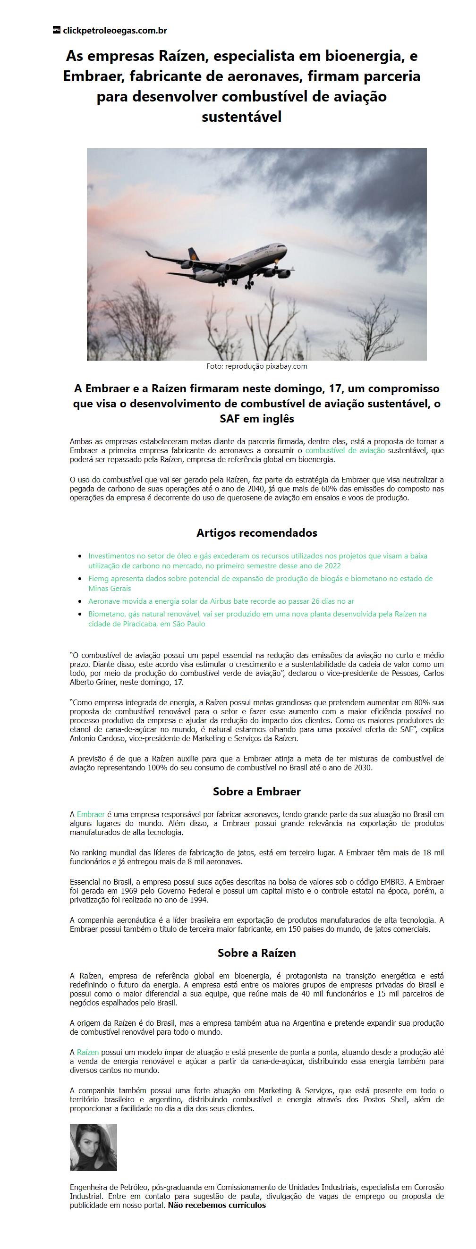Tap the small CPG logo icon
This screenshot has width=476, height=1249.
coord(56,30)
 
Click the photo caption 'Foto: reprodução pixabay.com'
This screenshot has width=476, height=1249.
coord(257,366)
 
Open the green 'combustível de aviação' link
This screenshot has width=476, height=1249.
coord(345,450)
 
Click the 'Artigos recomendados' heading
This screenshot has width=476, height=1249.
coord(257,533)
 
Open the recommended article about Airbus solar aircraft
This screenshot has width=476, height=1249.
coord(221,601)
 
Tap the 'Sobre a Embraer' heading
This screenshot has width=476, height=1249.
coord(257,792)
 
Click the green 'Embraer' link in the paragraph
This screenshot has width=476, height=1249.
coord(91,814)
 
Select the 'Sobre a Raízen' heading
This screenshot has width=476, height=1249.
coord(257,953)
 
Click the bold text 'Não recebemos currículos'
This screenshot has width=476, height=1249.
coord(217,1206)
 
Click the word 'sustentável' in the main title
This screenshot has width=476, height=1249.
coord(242,118)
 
